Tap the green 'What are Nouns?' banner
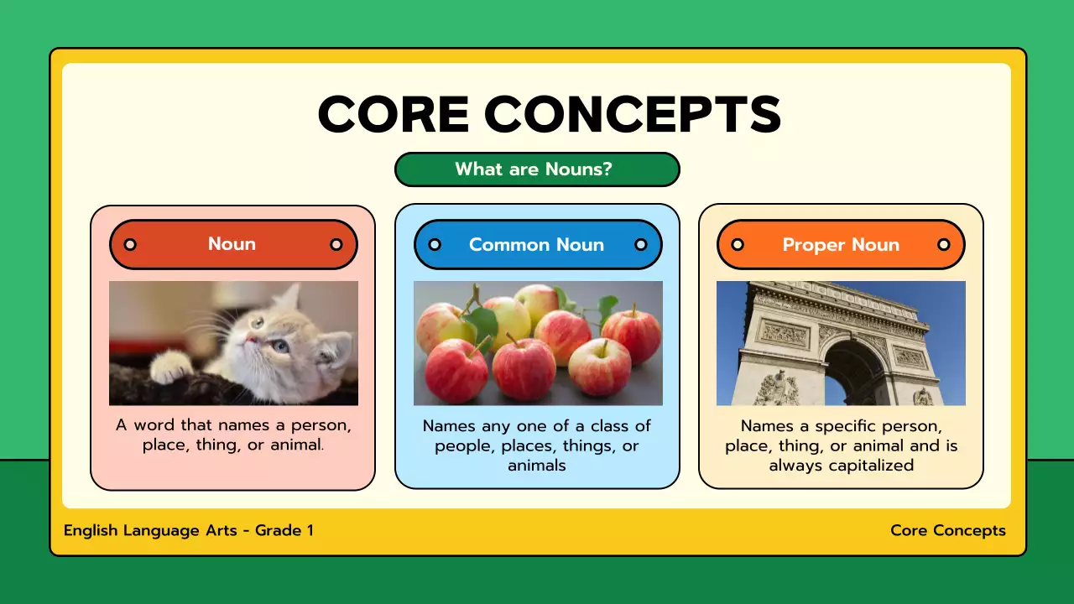[x=536, y=169]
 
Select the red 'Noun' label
[x=232, y=244]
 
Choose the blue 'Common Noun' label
[x=536, y=245]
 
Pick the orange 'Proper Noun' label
[x=840, y=245]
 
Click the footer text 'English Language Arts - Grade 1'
[x=189, y=530]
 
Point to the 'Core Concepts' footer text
[x=947, y=530]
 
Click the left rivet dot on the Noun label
[x=130, y=244]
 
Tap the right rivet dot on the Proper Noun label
[x=943, y=245]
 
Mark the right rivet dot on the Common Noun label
[x=640, y=245]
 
